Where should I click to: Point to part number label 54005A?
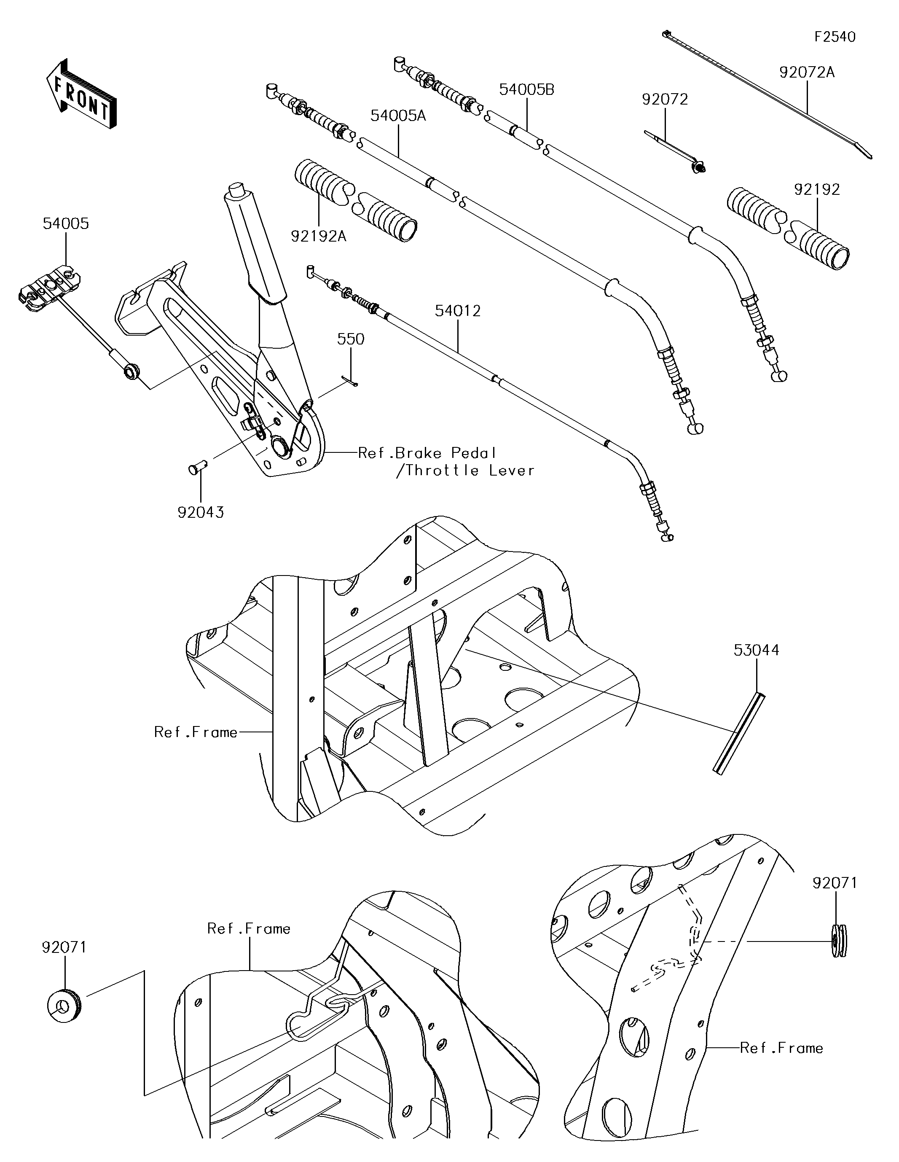(x=398, y=115)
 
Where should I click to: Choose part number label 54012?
(x=457, y=311)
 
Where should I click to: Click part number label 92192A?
(x=318, y=236)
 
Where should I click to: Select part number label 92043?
(x=201, y=512)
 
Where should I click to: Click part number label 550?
(x=351, y=339)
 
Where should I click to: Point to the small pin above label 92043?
(x=199, y=469)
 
